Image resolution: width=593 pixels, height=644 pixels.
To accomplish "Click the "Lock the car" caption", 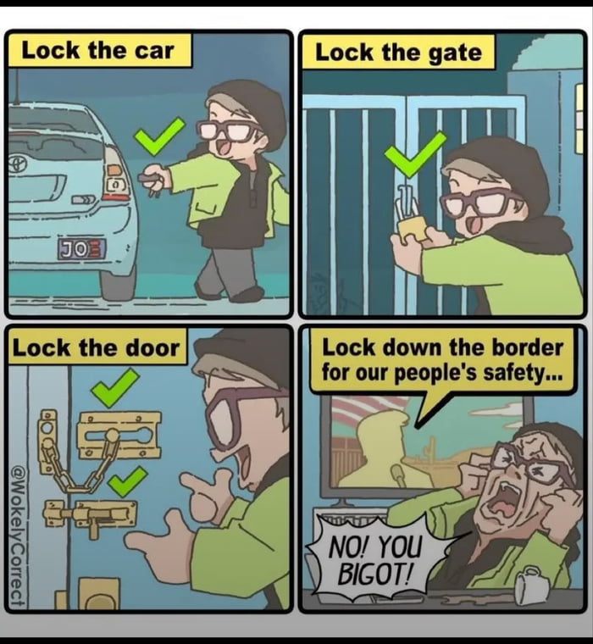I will point(98,50).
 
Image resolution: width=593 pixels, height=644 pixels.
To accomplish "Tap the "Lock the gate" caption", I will point(397,53).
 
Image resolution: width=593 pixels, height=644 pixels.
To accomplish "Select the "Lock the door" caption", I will point(96,347).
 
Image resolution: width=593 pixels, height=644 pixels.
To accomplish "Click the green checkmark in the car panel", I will point(158,136).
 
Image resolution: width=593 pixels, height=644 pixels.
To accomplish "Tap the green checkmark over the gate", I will point(415,153).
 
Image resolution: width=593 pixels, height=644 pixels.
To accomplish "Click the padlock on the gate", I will point(411,222).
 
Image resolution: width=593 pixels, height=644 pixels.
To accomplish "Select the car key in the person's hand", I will point(152,179).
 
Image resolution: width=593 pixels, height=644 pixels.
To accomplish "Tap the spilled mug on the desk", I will point(533,584).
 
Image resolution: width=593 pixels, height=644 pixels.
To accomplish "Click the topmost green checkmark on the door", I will point(114,387).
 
